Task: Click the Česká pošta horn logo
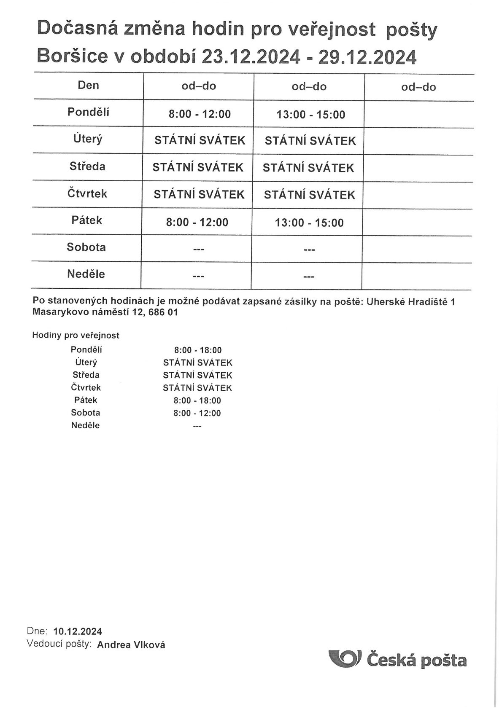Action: click(344, 659)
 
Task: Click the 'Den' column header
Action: click(88, 85)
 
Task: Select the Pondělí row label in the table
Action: click(88, 112)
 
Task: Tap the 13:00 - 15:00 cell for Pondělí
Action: click(310, 115)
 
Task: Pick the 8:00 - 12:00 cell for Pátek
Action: click(197, 222)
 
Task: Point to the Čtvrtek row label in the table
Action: click(87, 193)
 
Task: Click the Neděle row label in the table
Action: click(86, 274)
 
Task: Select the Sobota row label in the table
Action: click(86, 247)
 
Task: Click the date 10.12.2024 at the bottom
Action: click(78, 631)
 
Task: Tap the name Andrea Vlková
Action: click(131, 645)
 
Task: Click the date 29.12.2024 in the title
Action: click(367, 57)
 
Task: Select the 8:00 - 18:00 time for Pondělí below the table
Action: click(198, 350)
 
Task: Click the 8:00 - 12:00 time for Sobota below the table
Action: click(197, 413)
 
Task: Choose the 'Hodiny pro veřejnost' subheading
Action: click(76, 336)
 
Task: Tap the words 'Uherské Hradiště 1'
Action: click(410, 302)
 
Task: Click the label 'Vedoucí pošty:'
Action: click(59, 644)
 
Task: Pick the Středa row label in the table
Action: click(87, 166)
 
